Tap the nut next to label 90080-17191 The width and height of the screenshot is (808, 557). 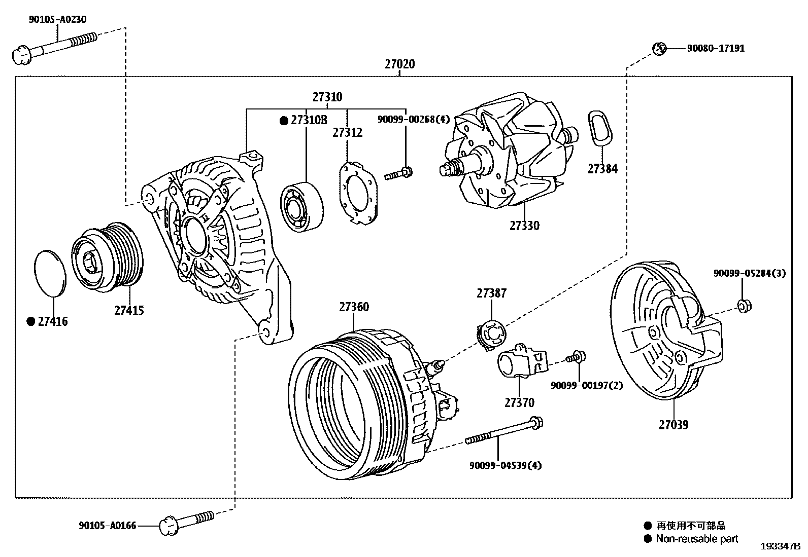(659, 49)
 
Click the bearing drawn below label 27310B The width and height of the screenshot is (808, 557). (302, 206)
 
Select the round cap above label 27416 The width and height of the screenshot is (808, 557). (50, 272)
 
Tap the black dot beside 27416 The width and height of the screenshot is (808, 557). (31, 321)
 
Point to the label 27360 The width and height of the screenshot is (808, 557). (354, 307)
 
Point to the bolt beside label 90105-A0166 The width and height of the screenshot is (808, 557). (187, 522)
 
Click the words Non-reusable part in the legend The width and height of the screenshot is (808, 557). (697, 539)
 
